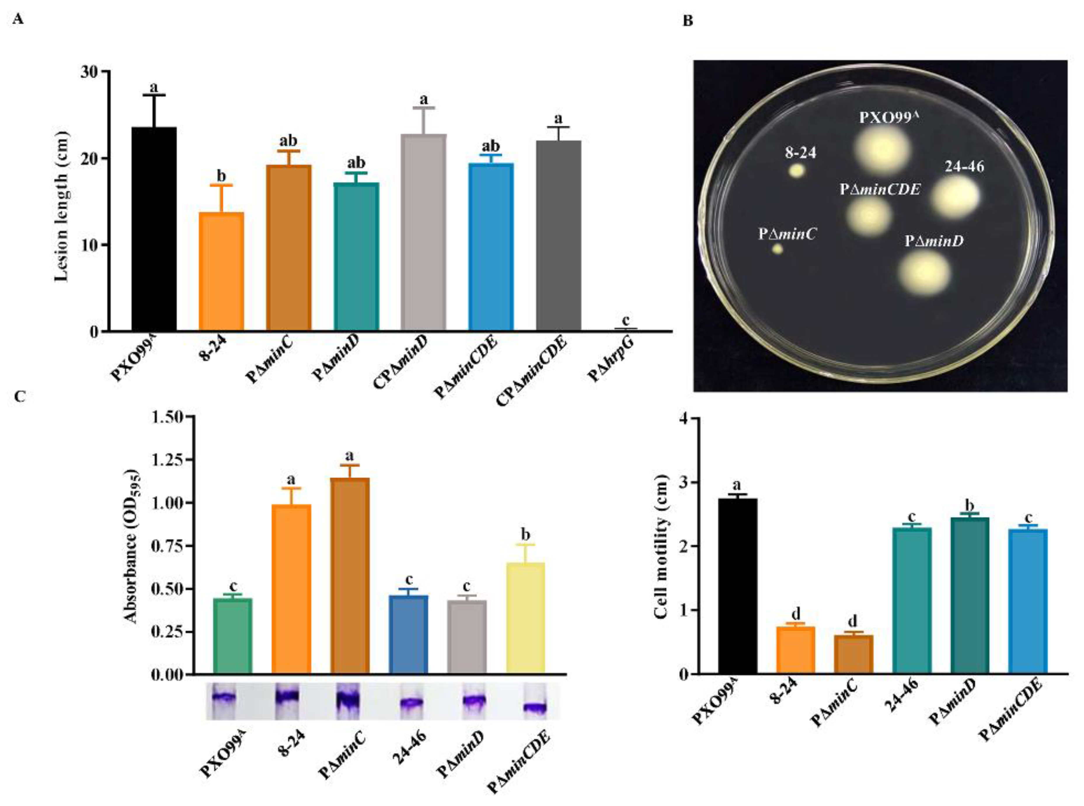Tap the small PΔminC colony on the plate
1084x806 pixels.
tap(778, 249)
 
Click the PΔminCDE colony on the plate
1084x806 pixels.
tap(869, 215)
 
